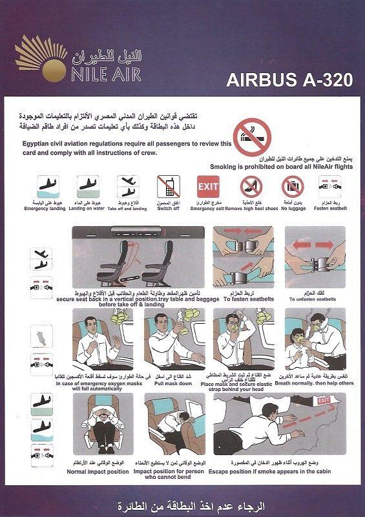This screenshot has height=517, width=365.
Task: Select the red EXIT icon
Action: [x=208, y=186]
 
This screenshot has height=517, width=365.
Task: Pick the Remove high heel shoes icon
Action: [x=251, y=187]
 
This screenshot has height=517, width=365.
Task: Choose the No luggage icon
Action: [x=292, y=187]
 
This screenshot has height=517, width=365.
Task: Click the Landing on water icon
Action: [x=88, y=187]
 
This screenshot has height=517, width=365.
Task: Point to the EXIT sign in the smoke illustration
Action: [x=323, y=401]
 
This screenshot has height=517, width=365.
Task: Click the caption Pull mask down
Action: [x=173, y=374]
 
